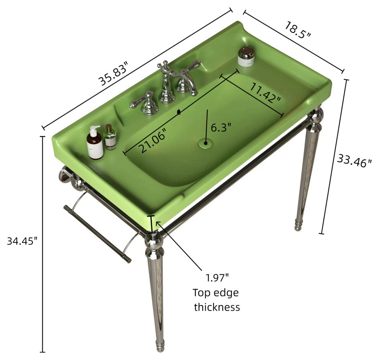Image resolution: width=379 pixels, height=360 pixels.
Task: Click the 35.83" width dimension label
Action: tap(113, 74)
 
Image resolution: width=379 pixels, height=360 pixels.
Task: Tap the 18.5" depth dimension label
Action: tap(297, 30)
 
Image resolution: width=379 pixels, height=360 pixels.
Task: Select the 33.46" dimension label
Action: tap(354, 160)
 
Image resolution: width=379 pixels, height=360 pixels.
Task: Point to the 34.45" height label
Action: tap(22, 241)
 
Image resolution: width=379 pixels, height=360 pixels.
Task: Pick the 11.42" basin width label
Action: tap(265, 92)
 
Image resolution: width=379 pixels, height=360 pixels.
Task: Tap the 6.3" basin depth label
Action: tap(221, 127)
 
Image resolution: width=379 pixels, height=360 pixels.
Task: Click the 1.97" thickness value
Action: tap(217, 278)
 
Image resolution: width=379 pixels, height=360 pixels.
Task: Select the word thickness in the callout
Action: tap(217, 307)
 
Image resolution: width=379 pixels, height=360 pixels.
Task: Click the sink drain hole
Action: tap(206, 143)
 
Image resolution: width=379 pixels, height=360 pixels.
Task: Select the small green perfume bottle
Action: tap(110, 137)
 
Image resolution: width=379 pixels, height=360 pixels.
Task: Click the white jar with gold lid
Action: tap(246, 57)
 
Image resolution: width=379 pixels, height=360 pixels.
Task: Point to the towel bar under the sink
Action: tap(98, 234)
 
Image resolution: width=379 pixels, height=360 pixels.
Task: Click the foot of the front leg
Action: tap(160, 345)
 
